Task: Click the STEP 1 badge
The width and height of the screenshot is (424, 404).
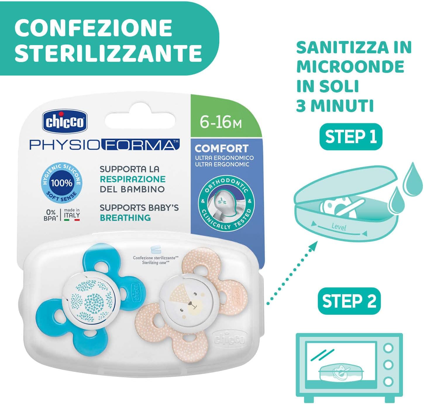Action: tap(351, 137)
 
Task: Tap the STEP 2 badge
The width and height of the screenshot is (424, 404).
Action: tap(349, 301)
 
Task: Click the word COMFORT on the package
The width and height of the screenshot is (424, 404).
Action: tap(221, 148)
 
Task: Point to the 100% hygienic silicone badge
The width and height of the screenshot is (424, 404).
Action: tap(62, 183)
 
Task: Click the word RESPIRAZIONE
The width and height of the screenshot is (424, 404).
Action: tap(133, 179)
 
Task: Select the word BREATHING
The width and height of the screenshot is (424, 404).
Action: tap(125, 218)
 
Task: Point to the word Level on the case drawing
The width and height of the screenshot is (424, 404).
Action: tap(339, 227)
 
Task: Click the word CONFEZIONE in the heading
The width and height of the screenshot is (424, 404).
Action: tap(94, 28)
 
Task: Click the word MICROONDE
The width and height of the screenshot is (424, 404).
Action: tap(350, 67)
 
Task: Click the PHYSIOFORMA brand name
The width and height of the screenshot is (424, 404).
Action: tap(104, 145)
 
